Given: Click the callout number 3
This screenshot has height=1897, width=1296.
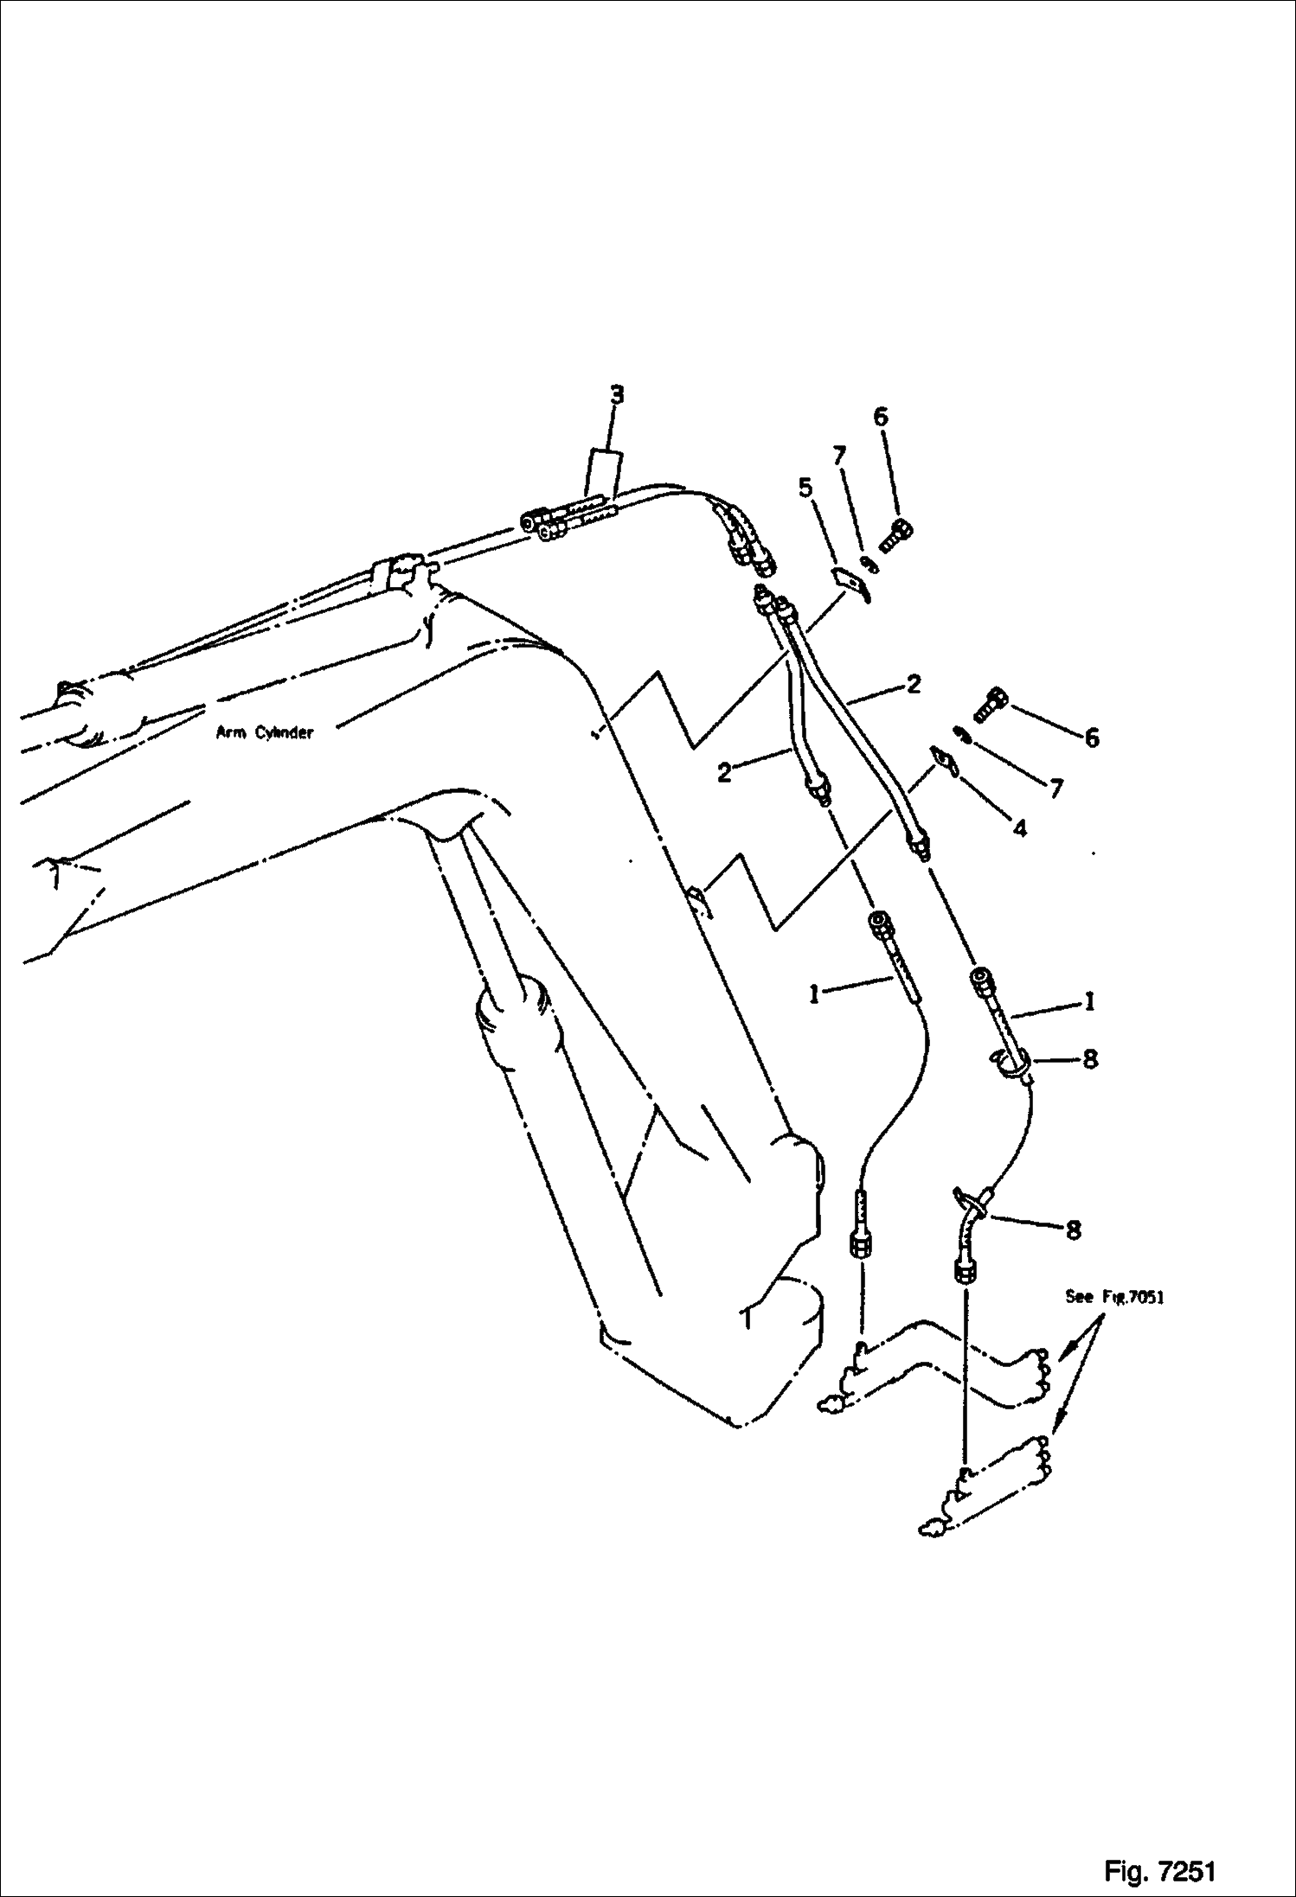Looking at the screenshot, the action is point(616,396).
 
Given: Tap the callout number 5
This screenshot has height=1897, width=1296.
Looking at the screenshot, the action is point(805,489).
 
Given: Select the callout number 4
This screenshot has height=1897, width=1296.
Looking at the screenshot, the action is point(1020,828).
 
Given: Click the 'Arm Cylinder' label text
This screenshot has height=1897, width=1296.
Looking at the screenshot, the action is point(264,733).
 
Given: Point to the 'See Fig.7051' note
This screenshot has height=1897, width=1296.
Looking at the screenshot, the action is point(1114,1298).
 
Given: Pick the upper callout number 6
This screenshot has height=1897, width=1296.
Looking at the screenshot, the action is point(880,417).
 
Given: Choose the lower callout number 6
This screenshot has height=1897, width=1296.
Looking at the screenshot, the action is point(1091,738).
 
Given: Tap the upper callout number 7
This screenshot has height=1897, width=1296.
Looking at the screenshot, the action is point(840,456).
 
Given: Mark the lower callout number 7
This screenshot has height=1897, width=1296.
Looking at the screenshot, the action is point(1056,789).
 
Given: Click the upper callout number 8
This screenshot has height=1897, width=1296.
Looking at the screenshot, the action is point(1090,1058).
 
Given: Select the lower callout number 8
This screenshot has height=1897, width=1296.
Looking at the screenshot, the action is point(1074,1230).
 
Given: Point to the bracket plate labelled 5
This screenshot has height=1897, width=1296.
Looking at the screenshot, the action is point(850,584).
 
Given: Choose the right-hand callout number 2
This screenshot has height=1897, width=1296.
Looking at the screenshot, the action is point(914,684).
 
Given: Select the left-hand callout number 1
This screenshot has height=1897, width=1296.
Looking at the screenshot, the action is point(814,995).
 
